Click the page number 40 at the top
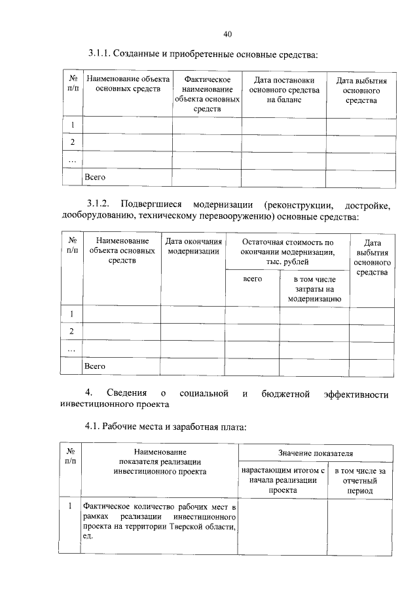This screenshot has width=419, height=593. [227, 34]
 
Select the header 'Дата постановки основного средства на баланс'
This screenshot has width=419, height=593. [284, 90]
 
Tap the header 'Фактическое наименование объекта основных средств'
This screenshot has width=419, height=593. [207, 95]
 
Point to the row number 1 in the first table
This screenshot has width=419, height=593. [72, 125]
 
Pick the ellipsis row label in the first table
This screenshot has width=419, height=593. [72, 160]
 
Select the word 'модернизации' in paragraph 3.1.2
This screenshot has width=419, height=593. [221, 204]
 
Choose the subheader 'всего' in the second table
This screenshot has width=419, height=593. [252, 278]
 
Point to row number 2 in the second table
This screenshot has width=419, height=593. [72, 332]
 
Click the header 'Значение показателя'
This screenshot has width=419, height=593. [316, 453]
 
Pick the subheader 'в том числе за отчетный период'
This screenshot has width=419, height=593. [360, 480]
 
